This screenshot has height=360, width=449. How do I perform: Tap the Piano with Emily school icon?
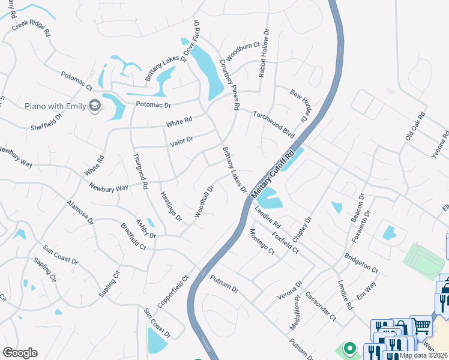[x=94, y=106]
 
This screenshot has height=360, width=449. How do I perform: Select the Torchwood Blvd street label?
[x=273, y=123]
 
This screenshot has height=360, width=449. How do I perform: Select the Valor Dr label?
[x=181, y=141]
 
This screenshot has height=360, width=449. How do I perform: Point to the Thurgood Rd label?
[x=140, y=172]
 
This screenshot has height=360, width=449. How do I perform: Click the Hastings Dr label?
[x=170, y=206]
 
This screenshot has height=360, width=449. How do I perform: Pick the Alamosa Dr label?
[x=80, y=212]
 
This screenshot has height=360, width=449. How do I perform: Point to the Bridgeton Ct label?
[x=361, y=263]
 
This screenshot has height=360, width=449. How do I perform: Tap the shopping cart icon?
[x=422, y=326]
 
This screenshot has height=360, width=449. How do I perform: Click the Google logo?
[x=19, y=353]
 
